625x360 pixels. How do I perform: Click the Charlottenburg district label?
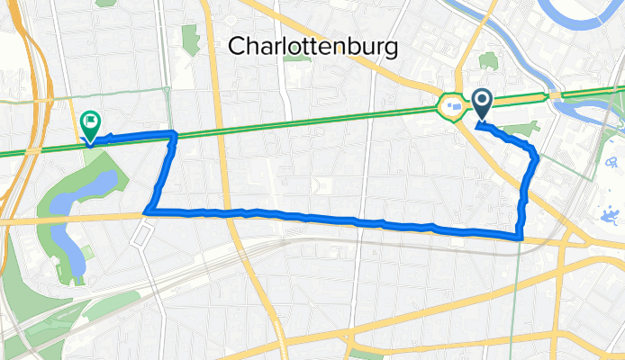(312, 45)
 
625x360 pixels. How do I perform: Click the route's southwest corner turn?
(147, 212)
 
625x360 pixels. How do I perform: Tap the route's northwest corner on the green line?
(174, 134)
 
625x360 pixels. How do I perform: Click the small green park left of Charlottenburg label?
(190, 38)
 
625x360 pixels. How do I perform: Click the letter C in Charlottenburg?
(238, 45)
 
